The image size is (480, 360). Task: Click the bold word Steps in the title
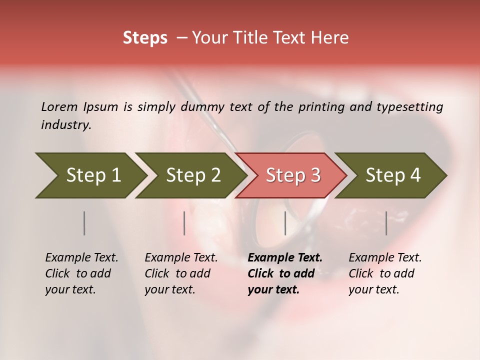pos(145,38)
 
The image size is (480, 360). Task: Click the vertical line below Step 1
pos(84,223)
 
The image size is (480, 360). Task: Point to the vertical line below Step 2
pos(184,223)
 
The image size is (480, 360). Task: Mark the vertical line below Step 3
pos(285,223)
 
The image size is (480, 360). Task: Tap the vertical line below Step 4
pos(386,223)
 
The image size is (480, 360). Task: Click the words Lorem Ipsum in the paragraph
pos(79,106)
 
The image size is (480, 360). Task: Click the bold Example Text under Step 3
pos(285,257)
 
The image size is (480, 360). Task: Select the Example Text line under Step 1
pos(81,257)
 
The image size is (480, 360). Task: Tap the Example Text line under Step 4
pos(385,257)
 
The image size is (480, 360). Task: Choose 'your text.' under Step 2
pos(169,289)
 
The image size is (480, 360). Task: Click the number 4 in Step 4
pos(415,175)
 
